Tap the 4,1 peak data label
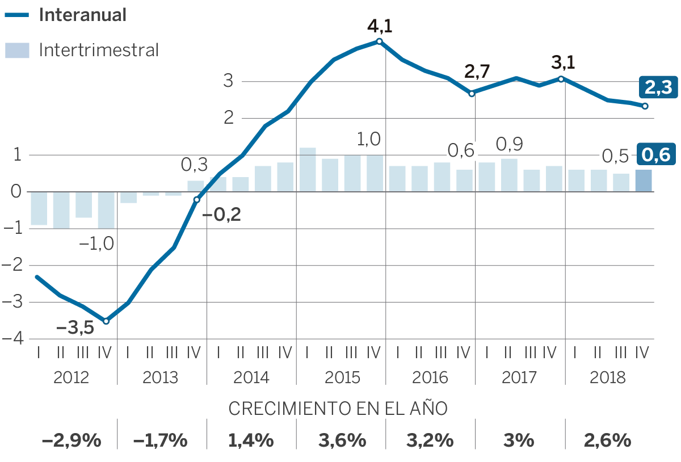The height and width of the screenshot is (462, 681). (380, 27)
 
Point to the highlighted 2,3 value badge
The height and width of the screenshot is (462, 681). (658, 87)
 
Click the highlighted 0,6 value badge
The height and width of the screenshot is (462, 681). (657, 154)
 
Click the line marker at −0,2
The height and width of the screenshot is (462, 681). (196, 200)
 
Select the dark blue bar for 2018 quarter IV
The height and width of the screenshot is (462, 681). (643, 180)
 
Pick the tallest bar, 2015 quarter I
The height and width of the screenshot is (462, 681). (308, 170)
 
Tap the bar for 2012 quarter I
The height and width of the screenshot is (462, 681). (39, 208)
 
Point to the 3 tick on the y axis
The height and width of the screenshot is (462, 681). (228, 81)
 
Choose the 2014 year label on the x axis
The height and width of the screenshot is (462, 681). (251, 377)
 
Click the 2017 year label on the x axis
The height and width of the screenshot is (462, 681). (519, 377)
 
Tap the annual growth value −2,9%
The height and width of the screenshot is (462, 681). (72, 440)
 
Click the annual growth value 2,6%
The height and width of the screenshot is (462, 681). (608, 440)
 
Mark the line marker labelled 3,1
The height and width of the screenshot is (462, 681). (561, 79)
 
